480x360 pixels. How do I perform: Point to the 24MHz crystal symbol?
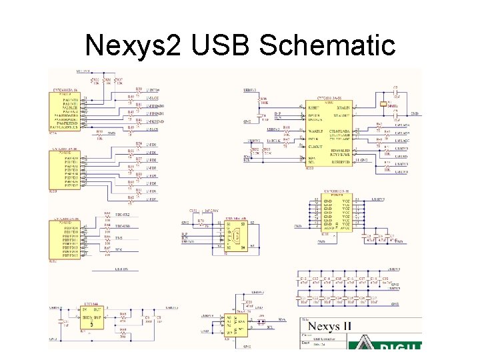pos(385,105)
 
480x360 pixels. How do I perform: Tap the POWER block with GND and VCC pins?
pos(337,214)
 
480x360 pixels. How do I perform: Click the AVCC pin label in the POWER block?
pos(346,229)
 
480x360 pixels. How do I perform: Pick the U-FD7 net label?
pos(152,199)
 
